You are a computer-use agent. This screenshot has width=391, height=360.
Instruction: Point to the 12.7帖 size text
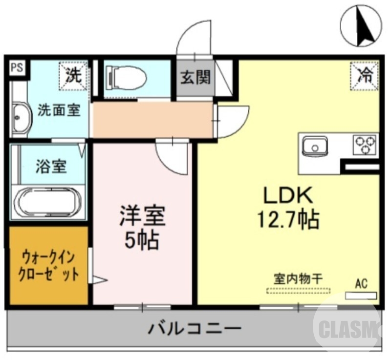(x=288, y=219)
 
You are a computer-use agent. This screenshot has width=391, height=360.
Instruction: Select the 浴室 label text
(x=51, y=167)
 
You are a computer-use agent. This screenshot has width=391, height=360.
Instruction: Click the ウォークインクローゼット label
(x=48, y=265)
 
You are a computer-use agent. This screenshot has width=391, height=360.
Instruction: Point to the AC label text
(x=361, y=283)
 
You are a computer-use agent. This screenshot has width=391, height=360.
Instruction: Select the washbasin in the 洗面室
(x=20, y=117)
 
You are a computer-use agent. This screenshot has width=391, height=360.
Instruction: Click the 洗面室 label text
(x=59, y=110)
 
